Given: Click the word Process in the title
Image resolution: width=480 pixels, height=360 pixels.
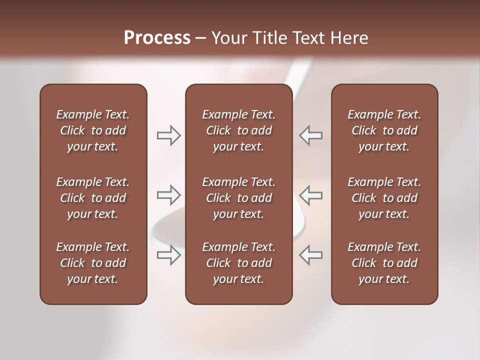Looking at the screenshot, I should point(157,38).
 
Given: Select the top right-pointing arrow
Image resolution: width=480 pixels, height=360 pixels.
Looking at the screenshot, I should point(169,135).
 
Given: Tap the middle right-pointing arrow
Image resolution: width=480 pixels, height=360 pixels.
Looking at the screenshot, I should point(169,195).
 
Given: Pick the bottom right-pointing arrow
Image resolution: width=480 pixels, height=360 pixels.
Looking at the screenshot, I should point(169,254).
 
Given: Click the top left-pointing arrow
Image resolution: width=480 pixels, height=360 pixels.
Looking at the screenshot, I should point(311,135).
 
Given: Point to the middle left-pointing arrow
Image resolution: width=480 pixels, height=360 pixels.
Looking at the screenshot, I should point(311,195).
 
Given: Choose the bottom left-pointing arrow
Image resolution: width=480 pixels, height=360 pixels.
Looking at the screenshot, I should point(311,254).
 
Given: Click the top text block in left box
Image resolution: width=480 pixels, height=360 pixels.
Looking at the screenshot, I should point(93,130).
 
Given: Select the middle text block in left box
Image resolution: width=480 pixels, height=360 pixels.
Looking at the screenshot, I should point(93,198).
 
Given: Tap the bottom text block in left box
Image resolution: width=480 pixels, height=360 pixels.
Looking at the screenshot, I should point(93,263).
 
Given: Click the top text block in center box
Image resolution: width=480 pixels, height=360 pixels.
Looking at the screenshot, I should point(238,130).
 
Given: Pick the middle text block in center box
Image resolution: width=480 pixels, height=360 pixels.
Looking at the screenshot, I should point(238,198).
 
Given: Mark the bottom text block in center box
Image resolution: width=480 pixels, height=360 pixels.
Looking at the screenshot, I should point(238,263).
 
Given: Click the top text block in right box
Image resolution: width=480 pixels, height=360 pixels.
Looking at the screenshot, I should point(384,130).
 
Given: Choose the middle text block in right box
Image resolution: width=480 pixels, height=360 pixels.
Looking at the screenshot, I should point(384,198).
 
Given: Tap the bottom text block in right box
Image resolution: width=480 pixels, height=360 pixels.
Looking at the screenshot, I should point(384,263).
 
